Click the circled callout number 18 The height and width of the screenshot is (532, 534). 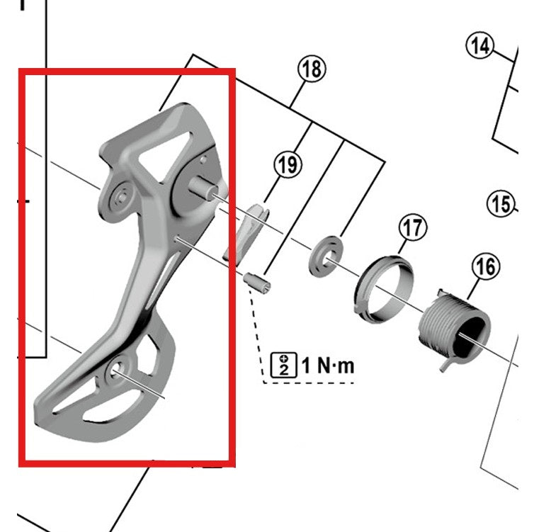click(x=312, y=70)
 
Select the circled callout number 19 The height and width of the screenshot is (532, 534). click(x=287, y=166)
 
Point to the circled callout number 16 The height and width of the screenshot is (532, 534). click(x=485, y=267)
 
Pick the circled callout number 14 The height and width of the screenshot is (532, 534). click(x=480, y=47)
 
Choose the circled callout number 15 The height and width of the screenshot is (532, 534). click(x=501, y=204)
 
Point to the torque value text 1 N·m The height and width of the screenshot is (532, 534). click(x=327, y=366)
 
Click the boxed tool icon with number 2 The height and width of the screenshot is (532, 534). click(x=283, y=366)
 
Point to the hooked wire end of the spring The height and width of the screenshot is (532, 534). click(x=447, y=363)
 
